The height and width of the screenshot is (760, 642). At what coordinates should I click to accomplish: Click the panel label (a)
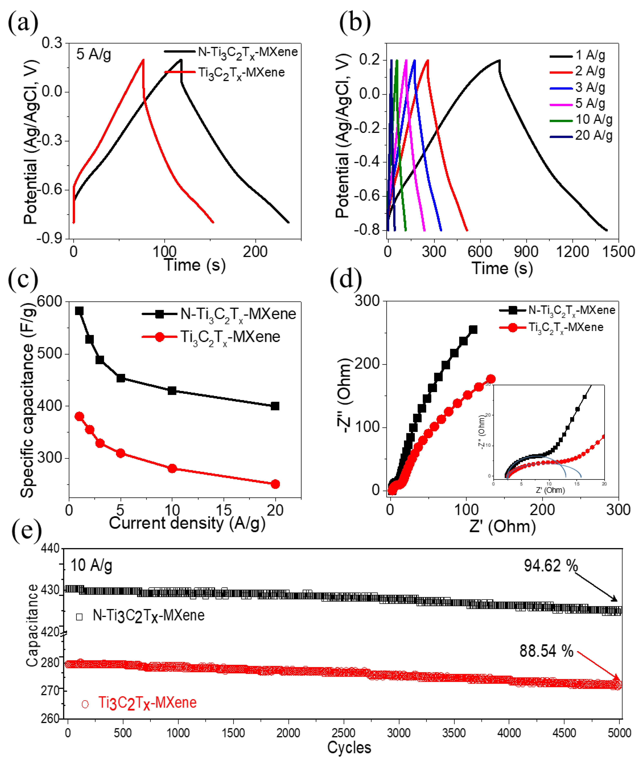[x=23, y=23]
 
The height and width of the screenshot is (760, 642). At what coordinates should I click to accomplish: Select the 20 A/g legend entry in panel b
[x=593, y=136]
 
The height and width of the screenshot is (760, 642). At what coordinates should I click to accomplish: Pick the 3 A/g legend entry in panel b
[x=590, y=87]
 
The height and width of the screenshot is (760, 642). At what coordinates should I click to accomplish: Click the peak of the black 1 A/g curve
[x=499, y=60]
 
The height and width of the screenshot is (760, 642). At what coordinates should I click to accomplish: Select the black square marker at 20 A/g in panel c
[x=275, y=406]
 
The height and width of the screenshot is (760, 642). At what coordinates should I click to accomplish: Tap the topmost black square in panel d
[x=473, y=330]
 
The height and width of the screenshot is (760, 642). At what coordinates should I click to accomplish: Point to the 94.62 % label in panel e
[x=551, y=565]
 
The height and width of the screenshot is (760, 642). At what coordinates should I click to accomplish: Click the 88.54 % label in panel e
[x=546, y=651]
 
